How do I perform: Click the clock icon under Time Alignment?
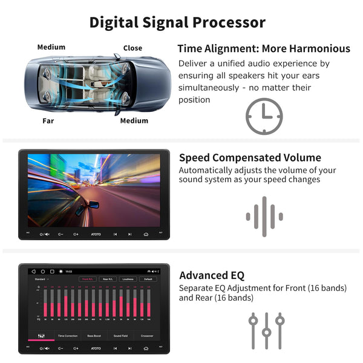point(264,116)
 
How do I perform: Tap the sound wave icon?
point(264,217)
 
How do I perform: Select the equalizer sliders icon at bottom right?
point(266,330)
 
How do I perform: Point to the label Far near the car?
point(48,120)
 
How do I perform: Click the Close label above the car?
point(132,48)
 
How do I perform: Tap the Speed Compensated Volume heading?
point(250,158)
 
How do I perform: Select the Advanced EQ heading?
point(212,275)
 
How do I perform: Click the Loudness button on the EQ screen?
point(127,280)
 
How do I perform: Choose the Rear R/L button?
point(107,280)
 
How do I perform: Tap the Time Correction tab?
point(68,335)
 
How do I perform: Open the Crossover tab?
point(148,335)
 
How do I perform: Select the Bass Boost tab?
point(94,335)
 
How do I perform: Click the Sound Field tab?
point(121,335)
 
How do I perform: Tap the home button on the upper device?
point(146,234)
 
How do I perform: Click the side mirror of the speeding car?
point(94,204)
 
